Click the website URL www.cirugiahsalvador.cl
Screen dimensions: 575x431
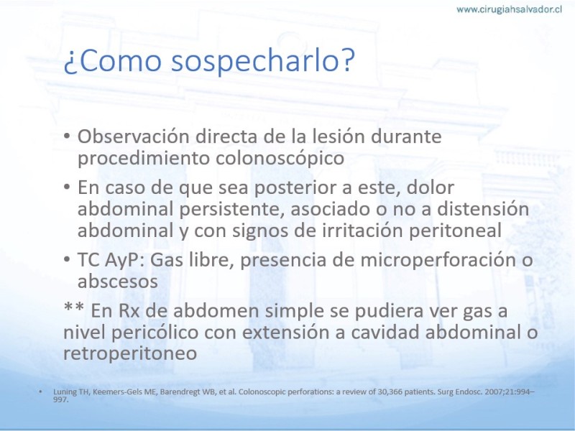(x=509, y=9)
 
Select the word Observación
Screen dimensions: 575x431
(x=134, y=136)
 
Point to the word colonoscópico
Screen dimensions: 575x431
(x=280, y=159)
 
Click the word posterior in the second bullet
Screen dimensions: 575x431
(x=295, y=188)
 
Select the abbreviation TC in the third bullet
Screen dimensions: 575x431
(x=88, y=260)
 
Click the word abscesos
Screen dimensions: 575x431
(x=118, y=282)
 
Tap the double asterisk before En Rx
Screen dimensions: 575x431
(x=74, y=307)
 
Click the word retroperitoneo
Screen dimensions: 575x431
(x=130, y=353)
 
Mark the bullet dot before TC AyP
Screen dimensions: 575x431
(x=67, y=259)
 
